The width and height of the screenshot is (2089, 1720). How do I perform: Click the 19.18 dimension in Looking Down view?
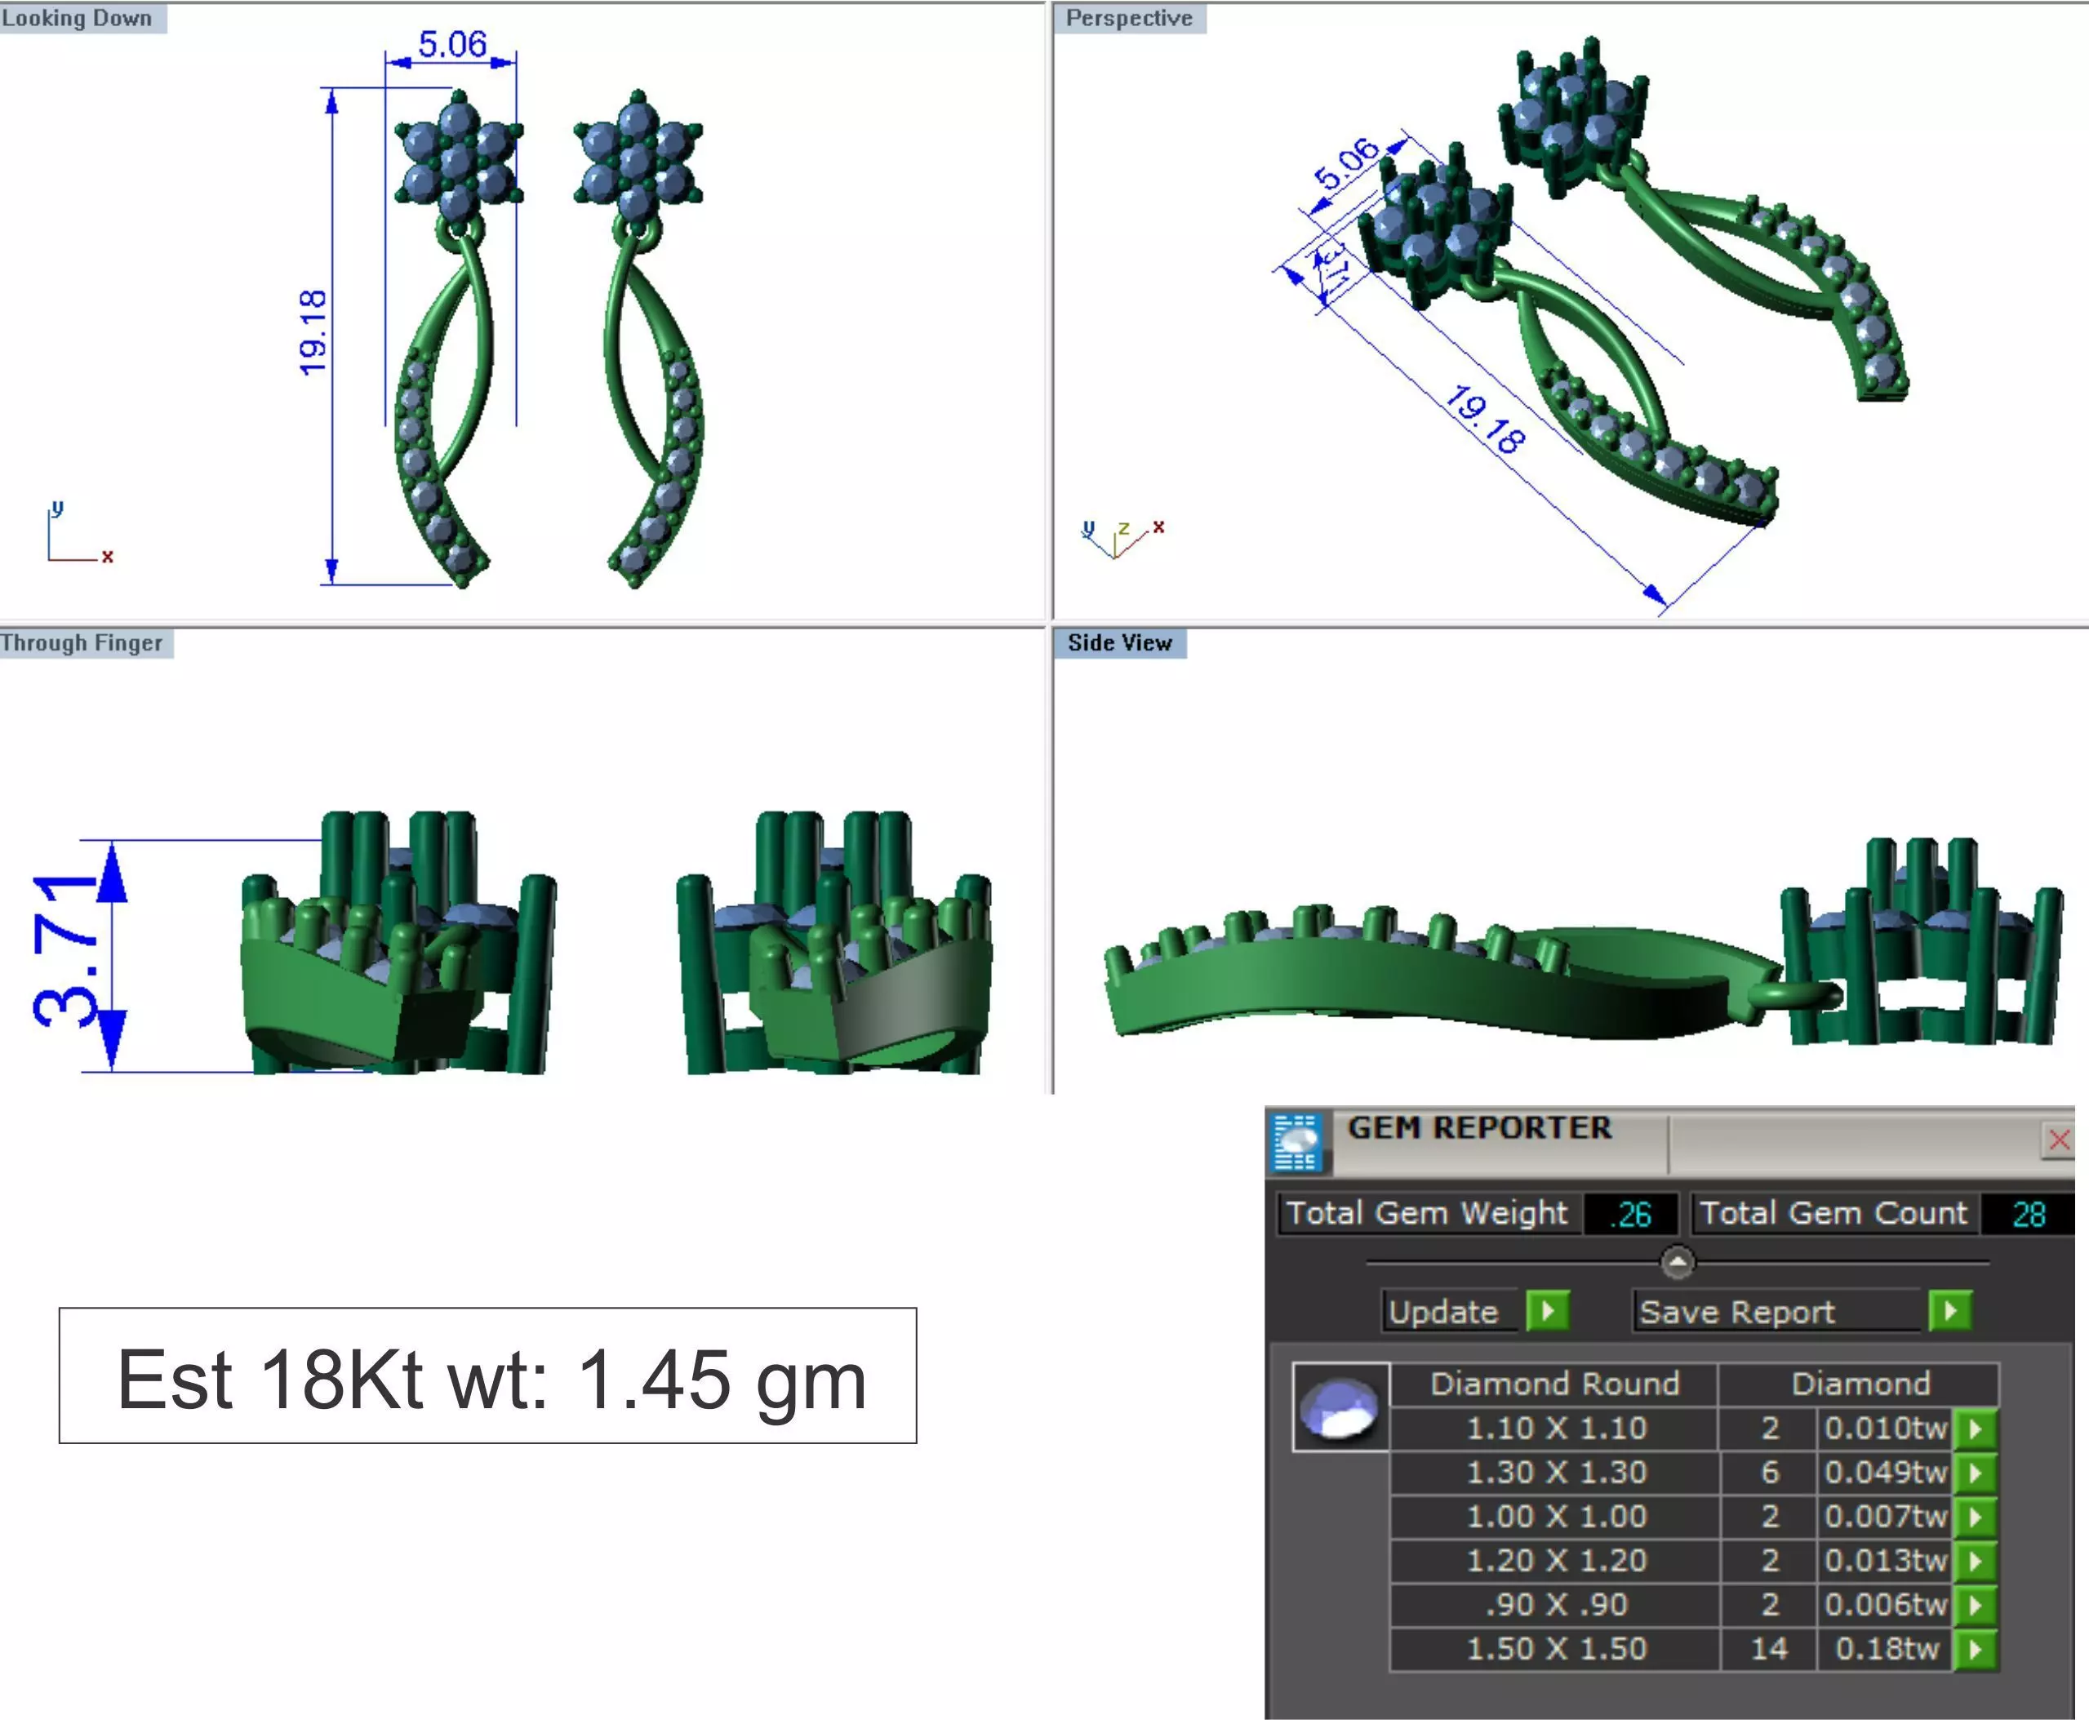(x=313, y=333)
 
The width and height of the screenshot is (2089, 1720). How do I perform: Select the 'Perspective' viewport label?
(x=1128, y=18)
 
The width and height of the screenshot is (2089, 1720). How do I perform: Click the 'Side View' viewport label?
(x=1119, y=643)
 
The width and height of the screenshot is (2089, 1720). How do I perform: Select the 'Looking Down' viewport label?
(x=78, y=18)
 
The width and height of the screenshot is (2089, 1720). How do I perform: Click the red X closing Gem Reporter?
(x=2058, y=1140)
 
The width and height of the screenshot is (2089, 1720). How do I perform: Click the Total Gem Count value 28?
(x=2028, y=1214)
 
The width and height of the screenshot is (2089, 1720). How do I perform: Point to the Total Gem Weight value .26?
(x=1630, y=1214)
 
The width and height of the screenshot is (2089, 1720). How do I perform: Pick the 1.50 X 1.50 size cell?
(x=1556, y=1649)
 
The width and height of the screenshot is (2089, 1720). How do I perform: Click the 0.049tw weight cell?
(x=1885, y=1473)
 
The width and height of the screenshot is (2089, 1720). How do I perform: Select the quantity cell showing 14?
(x=1769, y=1649)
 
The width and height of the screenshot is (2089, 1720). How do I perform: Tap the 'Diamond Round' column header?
(x=1554, y=1383)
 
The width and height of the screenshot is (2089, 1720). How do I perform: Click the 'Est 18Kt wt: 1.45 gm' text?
(x=491, y=1379)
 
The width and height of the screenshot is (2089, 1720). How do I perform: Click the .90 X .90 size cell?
(x=1556, y=1604)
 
